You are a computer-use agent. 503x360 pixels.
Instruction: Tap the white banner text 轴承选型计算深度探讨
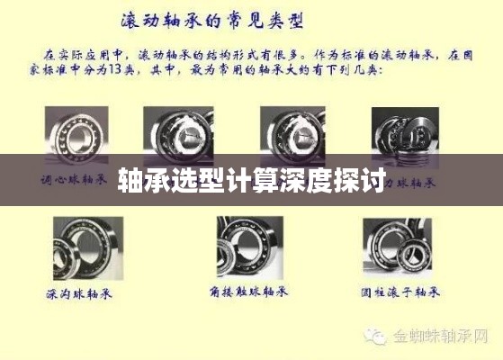coord(252,179)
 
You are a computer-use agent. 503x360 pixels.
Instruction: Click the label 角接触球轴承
coord(249,293)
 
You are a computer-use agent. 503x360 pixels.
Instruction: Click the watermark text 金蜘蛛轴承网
coord(441,337)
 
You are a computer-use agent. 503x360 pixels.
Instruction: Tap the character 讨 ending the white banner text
coord(373,179)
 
